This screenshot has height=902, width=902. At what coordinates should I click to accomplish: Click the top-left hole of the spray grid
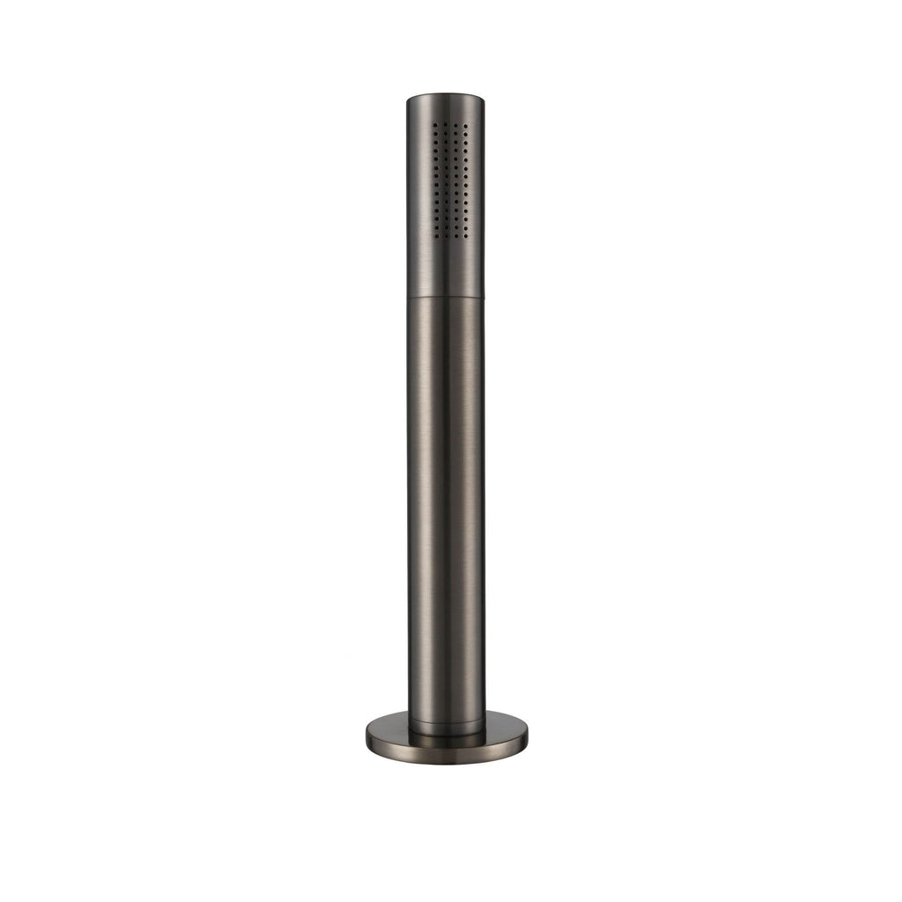pos(435,125)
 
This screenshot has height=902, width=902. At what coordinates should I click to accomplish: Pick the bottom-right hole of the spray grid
pos(467,236)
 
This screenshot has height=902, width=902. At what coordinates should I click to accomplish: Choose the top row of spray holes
pos(451,125)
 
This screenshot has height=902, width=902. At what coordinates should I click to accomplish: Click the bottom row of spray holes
pos(451,236)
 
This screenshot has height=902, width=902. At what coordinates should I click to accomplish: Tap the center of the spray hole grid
pos(451,181)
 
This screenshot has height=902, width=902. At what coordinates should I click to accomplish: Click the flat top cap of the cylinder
pos(446,95)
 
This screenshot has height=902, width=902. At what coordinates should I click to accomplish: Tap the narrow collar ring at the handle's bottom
pos(446,728)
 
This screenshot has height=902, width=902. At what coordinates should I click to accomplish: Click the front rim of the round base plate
pos(446,758)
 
